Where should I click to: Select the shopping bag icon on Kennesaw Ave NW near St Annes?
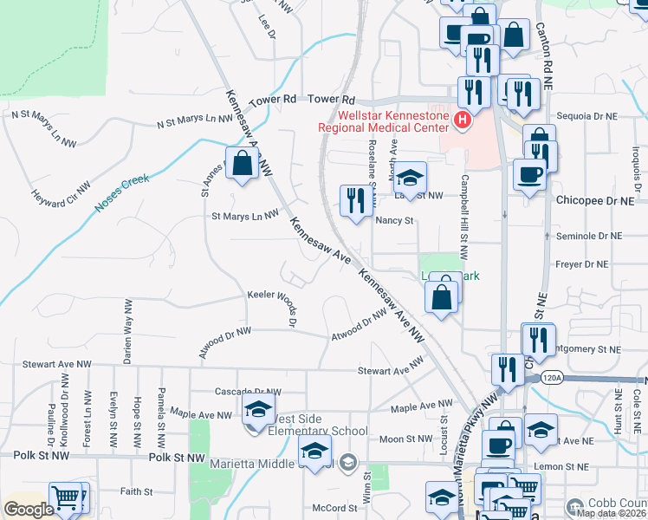click(242, 163)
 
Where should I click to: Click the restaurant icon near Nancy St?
click(355, 201)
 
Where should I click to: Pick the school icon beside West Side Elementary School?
click(257, 411)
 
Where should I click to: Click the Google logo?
click(29, 510)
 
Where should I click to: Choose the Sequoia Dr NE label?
click(588, 115)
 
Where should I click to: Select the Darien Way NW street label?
click(127, 331)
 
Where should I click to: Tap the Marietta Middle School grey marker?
click(348, 461)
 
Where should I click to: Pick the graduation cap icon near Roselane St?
click(411, 177)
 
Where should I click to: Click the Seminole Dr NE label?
click(591, 236)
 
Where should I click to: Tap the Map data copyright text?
click(610, 512)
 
